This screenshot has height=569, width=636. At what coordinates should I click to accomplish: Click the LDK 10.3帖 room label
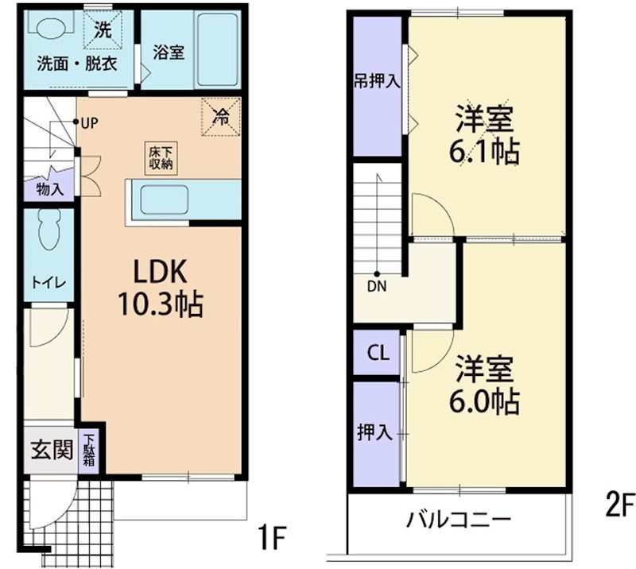click(161, 287)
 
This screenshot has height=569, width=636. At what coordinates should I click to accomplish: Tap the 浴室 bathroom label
click(169, 52)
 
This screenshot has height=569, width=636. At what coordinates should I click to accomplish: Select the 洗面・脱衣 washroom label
click(77, 64)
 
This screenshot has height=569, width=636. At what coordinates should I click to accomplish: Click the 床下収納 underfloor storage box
click(161, 158)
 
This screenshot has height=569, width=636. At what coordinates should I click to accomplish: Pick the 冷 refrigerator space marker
click(221, 117)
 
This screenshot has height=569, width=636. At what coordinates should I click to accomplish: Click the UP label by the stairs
click(89, 123)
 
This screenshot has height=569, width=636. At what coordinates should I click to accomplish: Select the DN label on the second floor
click(377, 286)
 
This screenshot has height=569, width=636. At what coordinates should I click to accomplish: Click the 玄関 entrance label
click(52, 449)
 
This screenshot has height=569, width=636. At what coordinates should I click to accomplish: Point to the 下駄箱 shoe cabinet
click(88, 450)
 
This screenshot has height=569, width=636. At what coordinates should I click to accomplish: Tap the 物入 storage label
click(50, 189)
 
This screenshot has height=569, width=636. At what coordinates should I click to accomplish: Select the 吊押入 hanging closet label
click(377, 81)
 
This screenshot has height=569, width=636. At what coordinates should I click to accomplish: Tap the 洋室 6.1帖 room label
click(484, 134)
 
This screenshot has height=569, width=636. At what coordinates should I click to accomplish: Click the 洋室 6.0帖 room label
click(484, 385)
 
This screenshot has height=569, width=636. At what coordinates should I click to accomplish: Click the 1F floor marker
click(273, 537)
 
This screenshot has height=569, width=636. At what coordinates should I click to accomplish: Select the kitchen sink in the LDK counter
click(165, 201)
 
